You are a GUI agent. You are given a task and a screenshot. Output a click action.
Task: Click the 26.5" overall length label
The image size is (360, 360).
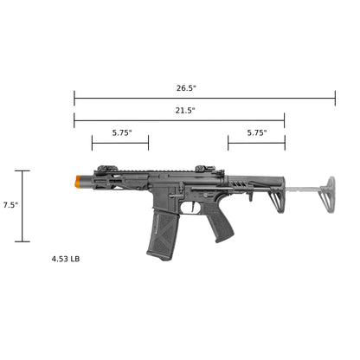(185, 88)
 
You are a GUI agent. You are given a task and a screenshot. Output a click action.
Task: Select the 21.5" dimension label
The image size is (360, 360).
(185, 111)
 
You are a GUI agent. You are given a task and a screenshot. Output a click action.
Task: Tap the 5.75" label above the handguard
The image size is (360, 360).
(122, 133)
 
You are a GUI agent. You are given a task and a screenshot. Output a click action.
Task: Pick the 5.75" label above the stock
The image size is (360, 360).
(257, 133)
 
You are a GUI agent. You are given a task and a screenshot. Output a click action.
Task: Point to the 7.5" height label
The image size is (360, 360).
(10, 205)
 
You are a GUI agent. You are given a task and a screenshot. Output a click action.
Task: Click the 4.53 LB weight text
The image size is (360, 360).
(67, 258)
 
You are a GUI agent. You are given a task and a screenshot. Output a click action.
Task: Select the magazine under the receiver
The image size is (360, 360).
(161, 235)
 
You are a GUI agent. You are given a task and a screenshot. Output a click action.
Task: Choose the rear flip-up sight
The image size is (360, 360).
(200, 170)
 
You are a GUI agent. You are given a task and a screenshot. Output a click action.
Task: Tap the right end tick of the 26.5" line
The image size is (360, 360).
(335, 99)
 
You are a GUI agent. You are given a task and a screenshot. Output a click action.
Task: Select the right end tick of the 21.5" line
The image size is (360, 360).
(284, 121)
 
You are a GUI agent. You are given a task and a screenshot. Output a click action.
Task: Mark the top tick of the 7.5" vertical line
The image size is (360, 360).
(23, 170)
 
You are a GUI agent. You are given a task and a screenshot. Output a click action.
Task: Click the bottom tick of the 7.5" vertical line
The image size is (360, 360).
(23, 241)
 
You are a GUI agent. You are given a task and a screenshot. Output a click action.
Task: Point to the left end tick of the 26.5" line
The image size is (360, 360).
(74, 99)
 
